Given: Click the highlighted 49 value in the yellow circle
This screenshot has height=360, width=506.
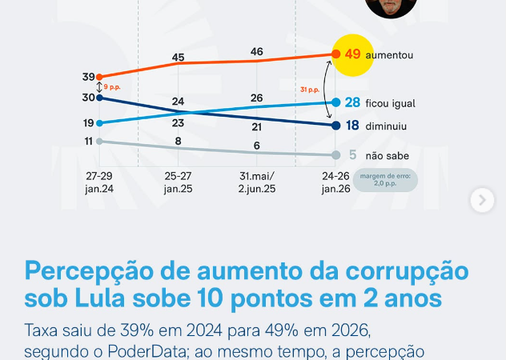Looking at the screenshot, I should point(353,54).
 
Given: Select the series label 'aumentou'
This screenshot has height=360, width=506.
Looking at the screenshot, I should point(390,55).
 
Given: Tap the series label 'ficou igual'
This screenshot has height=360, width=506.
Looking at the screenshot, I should point(392,103).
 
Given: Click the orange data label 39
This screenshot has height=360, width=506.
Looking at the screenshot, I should point(88,77).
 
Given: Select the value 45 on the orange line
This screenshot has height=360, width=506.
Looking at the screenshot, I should point(178,58).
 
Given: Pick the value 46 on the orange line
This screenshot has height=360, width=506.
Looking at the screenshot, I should point(256,52).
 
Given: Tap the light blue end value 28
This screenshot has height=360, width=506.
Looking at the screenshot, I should point(352,102).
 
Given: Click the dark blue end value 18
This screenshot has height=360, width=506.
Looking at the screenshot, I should point(352,126).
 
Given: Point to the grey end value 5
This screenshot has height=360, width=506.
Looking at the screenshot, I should point(352,155).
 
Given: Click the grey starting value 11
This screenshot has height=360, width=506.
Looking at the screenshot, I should point(88,141).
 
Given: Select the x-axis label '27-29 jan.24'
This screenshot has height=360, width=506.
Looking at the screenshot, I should point(99,182).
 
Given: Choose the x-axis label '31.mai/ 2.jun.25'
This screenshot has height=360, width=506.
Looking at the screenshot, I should point(256,182).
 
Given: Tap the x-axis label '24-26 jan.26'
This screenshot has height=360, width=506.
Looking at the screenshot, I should point(335,182).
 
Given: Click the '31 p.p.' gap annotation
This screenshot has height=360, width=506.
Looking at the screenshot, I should point(308,90).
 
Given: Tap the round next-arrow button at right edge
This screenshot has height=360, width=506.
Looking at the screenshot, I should point(482,200).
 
